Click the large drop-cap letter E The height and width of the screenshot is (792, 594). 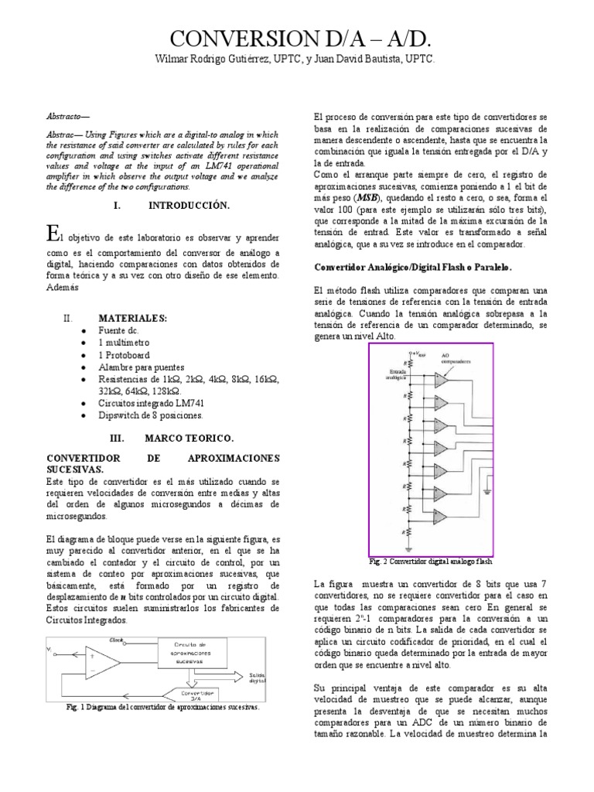point(53,233)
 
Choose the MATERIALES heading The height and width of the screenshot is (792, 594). point(132,318)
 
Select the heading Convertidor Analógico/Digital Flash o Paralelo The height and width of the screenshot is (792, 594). point(412,267)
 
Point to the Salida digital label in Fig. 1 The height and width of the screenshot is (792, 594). point(258,677)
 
